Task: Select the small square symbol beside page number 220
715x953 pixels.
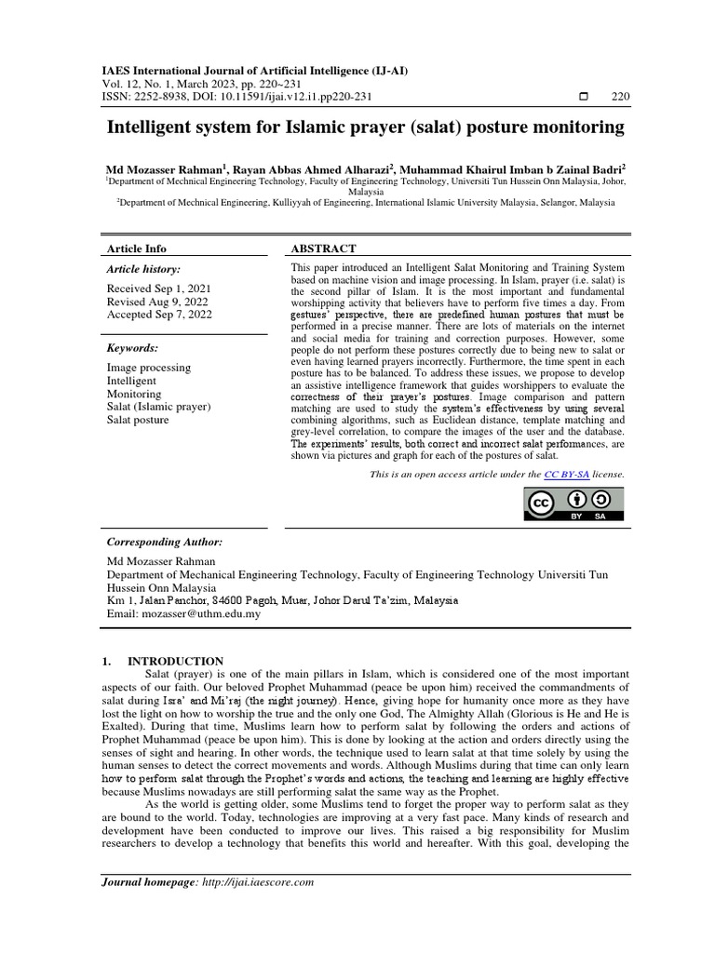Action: (584, 97)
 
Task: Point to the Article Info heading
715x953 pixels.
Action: (137, 249)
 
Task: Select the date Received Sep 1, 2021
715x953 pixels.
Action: (159, 289)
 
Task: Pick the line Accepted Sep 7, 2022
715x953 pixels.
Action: (160, 315)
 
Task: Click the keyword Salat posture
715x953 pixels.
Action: (139, 420)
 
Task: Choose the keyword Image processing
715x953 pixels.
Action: (149, 368)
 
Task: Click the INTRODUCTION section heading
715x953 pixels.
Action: (182, 661)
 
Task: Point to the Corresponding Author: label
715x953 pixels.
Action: (165, 543)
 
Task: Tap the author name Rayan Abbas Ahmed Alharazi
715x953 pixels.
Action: (309, 169)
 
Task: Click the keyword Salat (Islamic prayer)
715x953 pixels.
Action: (159, 407)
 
